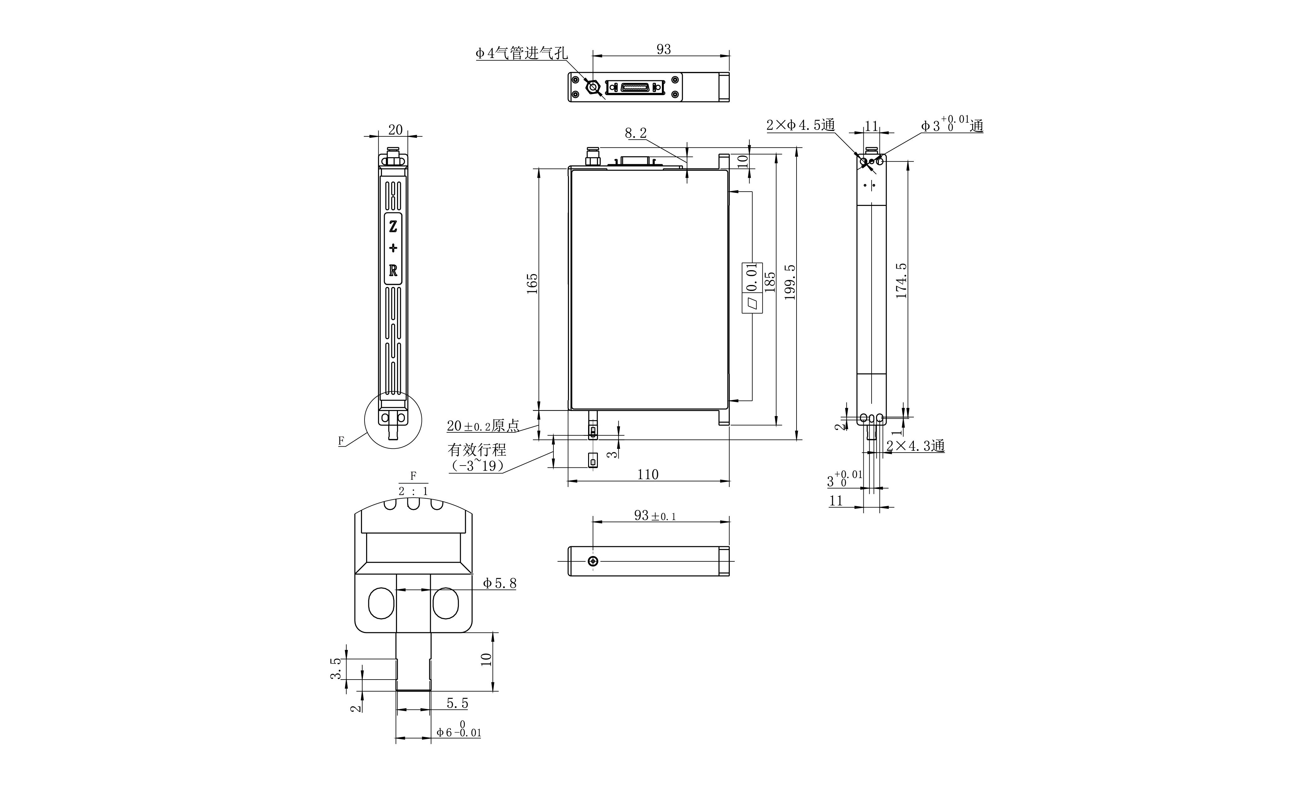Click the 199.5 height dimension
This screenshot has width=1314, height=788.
click(790, 282)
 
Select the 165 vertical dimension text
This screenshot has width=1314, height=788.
click(532, 284)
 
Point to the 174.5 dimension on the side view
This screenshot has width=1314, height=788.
click(901, 280)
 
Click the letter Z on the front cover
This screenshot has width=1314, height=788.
click(393, 227)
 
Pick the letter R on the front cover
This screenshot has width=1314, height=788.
click(393, 270)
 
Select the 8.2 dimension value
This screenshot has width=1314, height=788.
click(636, 133)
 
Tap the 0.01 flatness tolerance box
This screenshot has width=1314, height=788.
click(751, 287)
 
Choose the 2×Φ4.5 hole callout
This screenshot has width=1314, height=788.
click(800, 125)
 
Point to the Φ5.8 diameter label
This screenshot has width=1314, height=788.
click(499, 583)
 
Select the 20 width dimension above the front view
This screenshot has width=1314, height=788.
click(395, 130)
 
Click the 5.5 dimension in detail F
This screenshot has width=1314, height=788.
click(457, 704)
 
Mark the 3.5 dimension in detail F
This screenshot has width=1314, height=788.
click(335, 669)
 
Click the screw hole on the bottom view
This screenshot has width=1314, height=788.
click(593, 561)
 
